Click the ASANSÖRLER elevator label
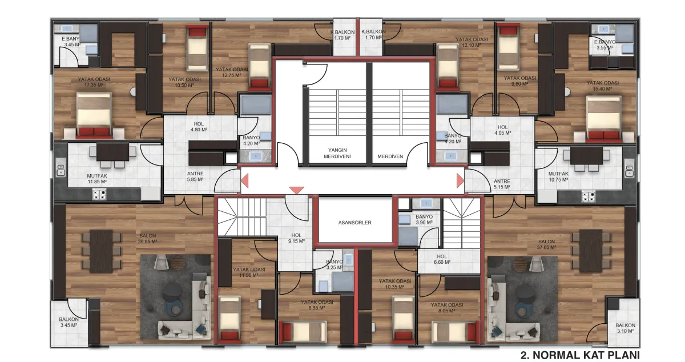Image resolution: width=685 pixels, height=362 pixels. coord(354,223)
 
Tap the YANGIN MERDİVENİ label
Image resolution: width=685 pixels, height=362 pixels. coord(337,153)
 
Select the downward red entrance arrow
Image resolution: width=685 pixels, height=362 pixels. coord(297,190)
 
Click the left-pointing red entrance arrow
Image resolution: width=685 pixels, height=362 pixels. coord(245,180)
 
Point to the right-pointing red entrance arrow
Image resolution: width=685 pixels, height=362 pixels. coord(461,180)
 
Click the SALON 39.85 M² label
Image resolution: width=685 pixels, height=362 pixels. coord(148,239)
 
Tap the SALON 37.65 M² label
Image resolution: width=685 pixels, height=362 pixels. coord(547,244)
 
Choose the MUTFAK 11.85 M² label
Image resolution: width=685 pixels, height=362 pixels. coord(97,179)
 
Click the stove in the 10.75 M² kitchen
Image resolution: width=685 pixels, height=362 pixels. coord(589,196)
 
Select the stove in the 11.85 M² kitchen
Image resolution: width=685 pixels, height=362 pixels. coord(99,194)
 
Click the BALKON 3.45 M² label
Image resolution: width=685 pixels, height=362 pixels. coord(69,322)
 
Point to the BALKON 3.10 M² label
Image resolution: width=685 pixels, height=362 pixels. coord(626,328)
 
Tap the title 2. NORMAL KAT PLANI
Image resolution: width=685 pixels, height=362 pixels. coord(580,355)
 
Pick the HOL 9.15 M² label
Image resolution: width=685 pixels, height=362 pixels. coord(296,238)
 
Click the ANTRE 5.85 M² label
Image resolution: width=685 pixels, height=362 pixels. coord(195,176)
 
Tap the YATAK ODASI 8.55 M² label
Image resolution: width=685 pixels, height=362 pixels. coord(317,305)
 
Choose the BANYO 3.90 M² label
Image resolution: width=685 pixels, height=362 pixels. coord(424,219)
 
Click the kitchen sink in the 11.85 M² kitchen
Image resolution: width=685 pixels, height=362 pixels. coord(61,168)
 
